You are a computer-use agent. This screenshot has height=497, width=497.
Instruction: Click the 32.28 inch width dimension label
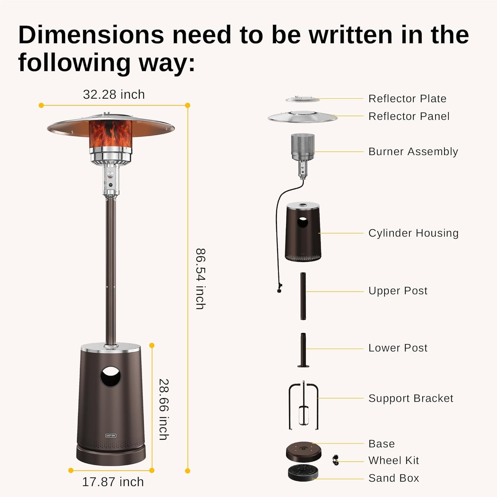114,95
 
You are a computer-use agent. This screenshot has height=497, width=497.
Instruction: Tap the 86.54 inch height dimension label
200,279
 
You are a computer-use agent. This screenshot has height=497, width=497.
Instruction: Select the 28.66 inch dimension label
164,409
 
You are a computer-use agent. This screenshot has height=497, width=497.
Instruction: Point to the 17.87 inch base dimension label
113,482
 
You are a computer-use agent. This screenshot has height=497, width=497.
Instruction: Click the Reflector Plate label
407,99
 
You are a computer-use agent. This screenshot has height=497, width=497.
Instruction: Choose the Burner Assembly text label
413,152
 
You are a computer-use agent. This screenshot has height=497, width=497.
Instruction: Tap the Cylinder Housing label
414,233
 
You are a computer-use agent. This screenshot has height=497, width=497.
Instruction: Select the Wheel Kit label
394,461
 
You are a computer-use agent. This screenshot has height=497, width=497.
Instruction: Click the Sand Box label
394,478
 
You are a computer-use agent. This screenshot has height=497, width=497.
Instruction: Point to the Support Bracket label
411,398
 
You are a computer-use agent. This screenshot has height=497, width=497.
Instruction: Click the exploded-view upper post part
303,296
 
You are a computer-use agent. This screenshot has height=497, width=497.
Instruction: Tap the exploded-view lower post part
303,351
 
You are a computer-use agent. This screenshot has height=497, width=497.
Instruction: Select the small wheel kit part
336,460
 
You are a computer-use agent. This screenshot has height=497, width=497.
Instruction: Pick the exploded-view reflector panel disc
302,117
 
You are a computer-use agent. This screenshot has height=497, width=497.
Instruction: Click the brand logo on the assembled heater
111,435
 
